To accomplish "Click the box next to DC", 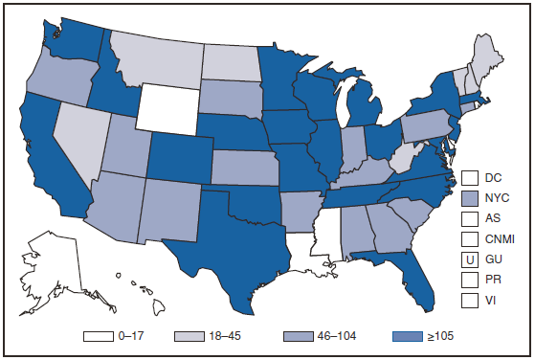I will click(469, 177).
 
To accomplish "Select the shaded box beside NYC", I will click(469, 197).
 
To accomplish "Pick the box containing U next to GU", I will click(469, 259).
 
